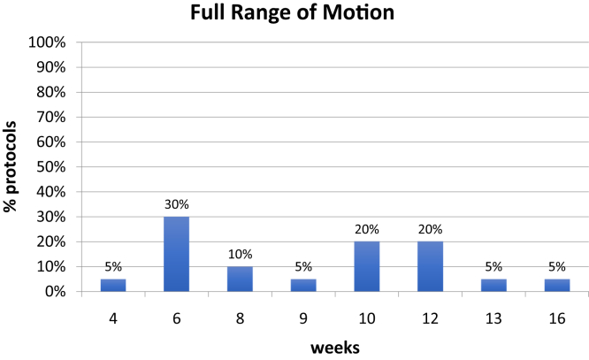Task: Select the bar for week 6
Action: [176, 254]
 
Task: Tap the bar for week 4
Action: [112, 285]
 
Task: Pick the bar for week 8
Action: [240, 279]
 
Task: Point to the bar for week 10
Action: [366, 266]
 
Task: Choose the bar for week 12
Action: [430, 266]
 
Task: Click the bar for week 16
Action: [557, 285]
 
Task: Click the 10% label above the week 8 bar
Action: [240, 255]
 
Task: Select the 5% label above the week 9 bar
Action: [303, 267]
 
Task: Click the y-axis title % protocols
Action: [12, 166]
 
